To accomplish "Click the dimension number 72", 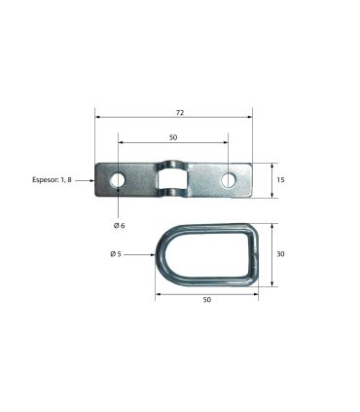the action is coord(180,113).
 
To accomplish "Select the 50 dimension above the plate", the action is coord(173,137).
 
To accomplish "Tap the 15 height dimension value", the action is coord(280,179).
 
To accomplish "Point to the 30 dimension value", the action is coord(280,254).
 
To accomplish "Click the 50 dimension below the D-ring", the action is coord(207,300).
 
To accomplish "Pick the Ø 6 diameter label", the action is coord(119,226).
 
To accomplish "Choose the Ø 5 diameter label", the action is coord(116,254).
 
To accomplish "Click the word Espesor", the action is coord(46,179).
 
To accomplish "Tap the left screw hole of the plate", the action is coord(118,180).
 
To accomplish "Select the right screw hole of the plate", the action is coord(229,180).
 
